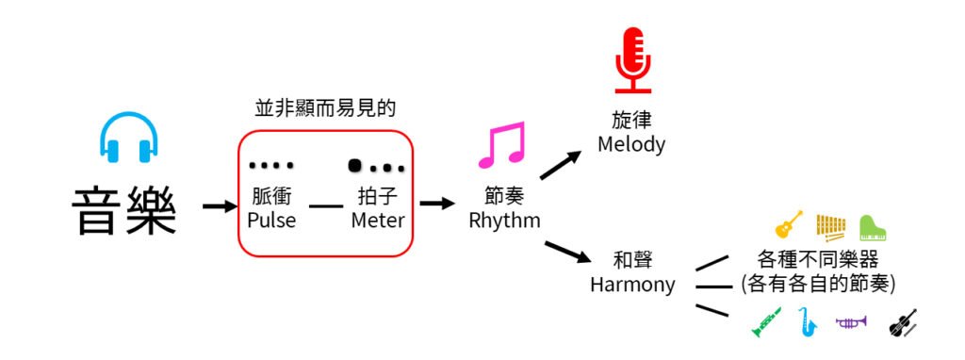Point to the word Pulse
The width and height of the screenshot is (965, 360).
pos(270,221)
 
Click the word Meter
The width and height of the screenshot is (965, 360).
pos(377,221)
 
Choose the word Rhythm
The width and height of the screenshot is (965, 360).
pos(504,221)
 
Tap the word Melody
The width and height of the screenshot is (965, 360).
pos(631,145)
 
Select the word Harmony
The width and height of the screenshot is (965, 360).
pos(632,284)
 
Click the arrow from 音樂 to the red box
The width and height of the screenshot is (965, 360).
pos(219,205)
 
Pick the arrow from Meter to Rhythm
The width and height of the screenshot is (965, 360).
pos(436,204)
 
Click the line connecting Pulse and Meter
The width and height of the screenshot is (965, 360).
pos(326,205)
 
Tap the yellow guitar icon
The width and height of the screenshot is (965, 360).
pos(788,225)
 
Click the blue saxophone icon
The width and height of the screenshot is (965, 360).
pos(808,323)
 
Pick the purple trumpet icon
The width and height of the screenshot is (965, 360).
pos(851,322)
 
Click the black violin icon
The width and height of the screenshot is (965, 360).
pos(902,323)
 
